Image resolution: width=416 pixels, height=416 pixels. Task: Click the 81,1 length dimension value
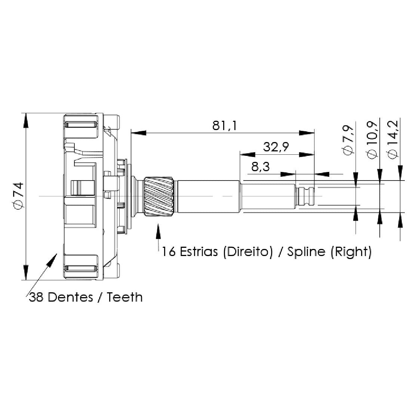224,126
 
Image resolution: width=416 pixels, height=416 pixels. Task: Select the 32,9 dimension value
276,147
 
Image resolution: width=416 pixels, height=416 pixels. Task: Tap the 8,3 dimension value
260,167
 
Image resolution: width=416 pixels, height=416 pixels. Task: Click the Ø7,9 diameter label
349,139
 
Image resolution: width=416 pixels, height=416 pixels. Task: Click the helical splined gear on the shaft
159,196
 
